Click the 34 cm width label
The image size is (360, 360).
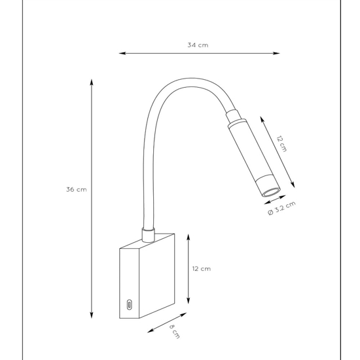[x=198, y=45]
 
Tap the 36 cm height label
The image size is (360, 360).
[x=77, y=190]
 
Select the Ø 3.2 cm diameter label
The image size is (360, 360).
[x=281, y=208]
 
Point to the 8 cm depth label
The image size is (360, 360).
[x=175, y=331]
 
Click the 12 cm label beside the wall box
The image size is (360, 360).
[x=202, y=269]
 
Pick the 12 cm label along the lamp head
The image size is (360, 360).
[x=281, y=144]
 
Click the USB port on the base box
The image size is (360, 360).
[x=130, y=304]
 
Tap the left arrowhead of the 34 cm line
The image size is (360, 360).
[x=122, y=53]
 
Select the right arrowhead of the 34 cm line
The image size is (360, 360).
[x=276, y=53]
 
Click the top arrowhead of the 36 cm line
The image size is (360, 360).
[x=92, y=82]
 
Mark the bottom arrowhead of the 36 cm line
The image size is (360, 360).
[x=92, y=315]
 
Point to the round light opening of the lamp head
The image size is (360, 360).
[x=272, y=192]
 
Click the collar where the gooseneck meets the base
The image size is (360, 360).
[x=148, y=235]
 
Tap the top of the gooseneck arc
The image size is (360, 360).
[x=192, y=82]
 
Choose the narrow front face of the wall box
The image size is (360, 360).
[x=130, y=283]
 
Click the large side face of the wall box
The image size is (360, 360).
[x=157, y=276]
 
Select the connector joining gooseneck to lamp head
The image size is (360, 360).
[x=233, y=117]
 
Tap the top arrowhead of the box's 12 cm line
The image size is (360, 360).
[x=189, y=238]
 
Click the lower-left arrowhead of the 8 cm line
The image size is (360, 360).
[x=151, y=331]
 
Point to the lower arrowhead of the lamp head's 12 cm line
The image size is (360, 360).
[x=293, y=185]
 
